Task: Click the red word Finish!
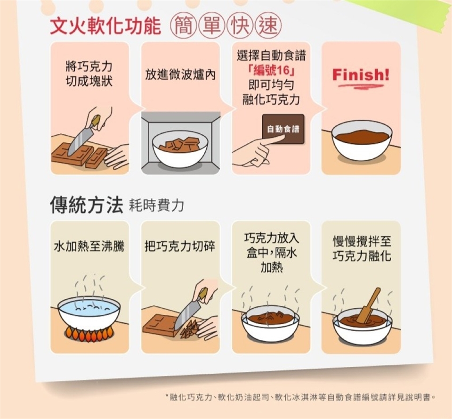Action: pyautogui.click(x=361, y=75)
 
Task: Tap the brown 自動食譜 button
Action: pyautogui.click(x=283, y=129)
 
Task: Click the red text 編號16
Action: pyautogui.click(x=271, y=70)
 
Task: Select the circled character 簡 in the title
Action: pyautogui.click(x=184, y=26)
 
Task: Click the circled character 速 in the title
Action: pyautogui.click(x=268, y=26)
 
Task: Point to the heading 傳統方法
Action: pyautogui.click(x=87, y=205)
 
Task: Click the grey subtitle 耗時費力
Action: pyautogui.click(x=156, y=206)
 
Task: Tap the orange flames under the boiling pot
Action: pyautogui.click(x=89, y=332)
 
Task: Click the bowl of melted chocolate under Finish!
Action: pyautogui.click(x=362, y=140)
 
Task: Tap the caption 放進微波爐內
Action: pyautogui.click(x=180, y=75)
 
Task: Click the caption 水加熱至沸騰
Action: pyautogui.click(x=89, y=246)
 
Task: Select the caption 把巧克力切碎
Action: pyautogui.click(x=180, y=246)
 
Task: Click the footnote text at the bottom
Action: pyautogui.click(x=300, y=397)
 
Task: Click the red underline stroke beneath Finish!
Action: pyautogui.click(x=361, y=86)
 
